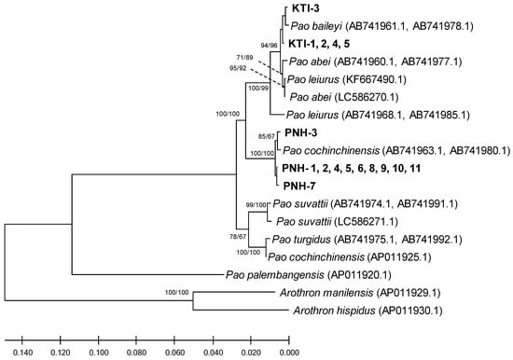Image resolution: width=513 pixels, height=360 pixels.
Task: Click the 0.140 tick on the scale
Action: click(x=22, y=353)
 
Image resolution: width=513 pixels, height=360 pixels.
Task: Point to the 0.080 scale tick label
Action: click(x=136, y=353)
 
